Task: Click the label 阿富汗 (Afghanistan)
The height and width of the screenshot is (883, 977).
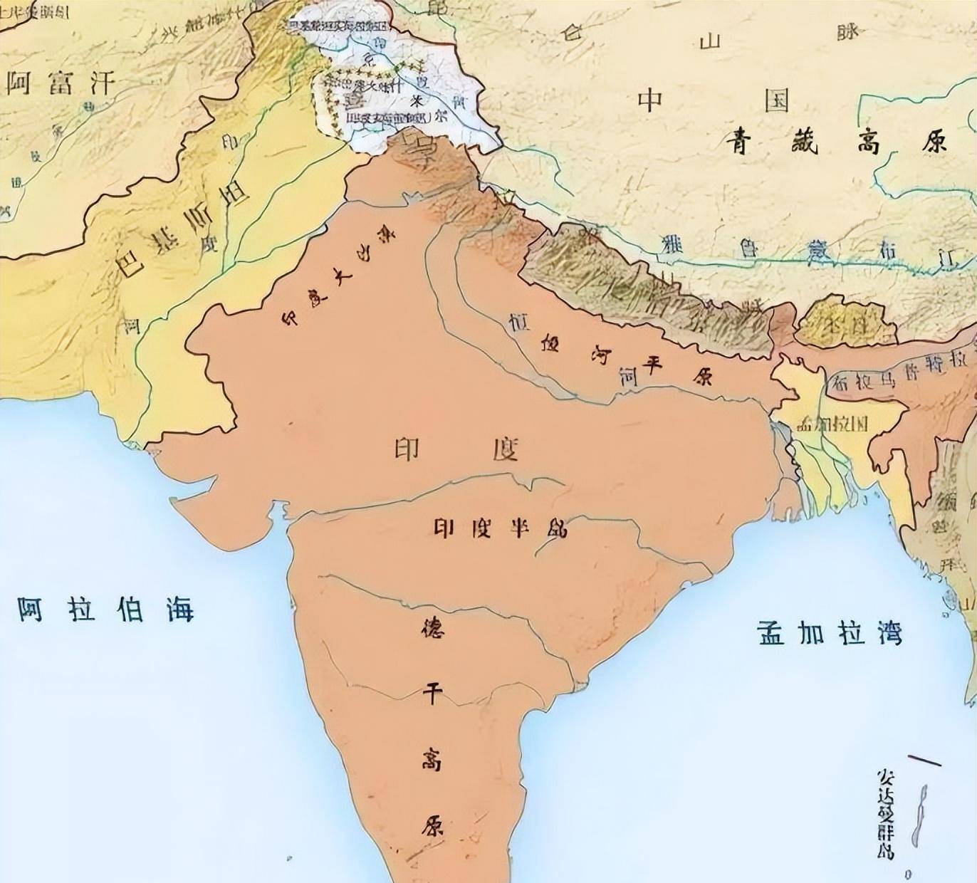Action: [x=61, y=83]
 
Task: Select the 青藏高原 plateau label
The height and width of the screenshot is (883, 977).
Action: [x=837, y=142]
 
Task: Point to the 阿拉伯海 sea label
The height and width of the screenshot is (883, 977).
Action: [x=105, y=610]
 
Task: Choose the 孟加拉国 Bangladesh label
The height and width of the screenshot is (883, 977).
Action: [x=832, y=424]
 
